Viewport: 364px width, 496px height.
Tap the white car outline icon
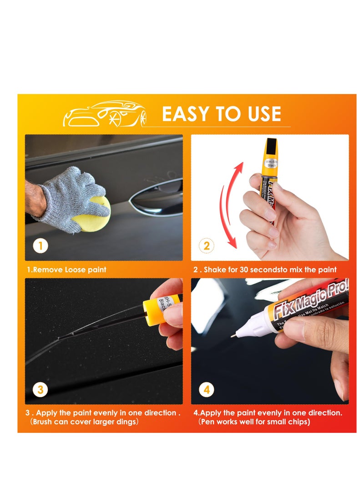[x=105, y=114]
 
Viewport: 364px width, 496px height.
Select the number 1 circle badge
[x=40, y=246]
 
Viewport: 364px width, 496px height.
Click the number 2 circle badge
[x=206, y=246]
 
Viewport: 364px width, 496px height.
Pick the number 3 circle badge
[x=40, y=390]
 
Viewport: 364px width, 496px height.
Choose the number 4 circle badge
[x=206, y=390]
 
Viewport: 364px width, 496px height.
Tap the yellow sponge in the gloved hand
[x=93, y=214]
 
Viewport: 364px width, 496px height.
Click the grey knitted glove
[x=68, y=195]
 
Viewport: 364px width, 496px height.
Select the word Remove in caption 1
[x=48, y=270]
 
